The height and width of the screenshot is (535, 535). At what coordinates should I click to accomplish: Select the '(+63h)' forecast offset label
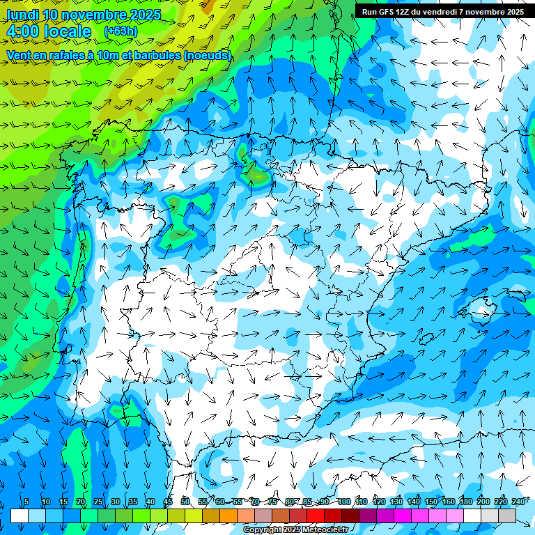[x=120, y=31]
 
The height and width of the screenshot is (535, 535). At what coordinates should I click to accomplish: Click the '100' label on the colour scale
[x=343, y=502]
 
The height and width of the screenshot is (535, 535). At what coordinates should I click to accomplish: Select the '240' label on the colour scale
[x=518, y=502]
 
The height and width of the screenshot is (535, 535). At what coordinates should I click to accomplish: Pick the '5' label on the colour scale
[x=26, y=502]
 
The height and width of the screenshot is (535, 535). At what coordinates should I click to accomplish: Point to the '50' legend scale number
[x=185, y=502]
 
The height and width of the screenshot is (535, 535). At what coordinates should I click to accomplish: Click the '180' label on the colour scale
[x=465, y=502]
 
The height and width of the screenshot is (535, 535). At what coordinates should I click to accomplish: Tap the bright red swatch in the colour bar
[x=316, y=516]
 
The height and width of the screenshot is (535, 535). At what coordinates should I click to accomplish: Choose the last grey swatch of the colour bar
[x=507, y=516]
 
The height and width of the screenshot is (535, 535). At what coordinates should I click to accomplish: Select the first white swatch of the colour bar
[x=20, y=516]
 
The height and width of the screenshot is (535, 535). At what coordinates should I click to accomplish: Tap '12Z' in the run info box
[x=404, y=12]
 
